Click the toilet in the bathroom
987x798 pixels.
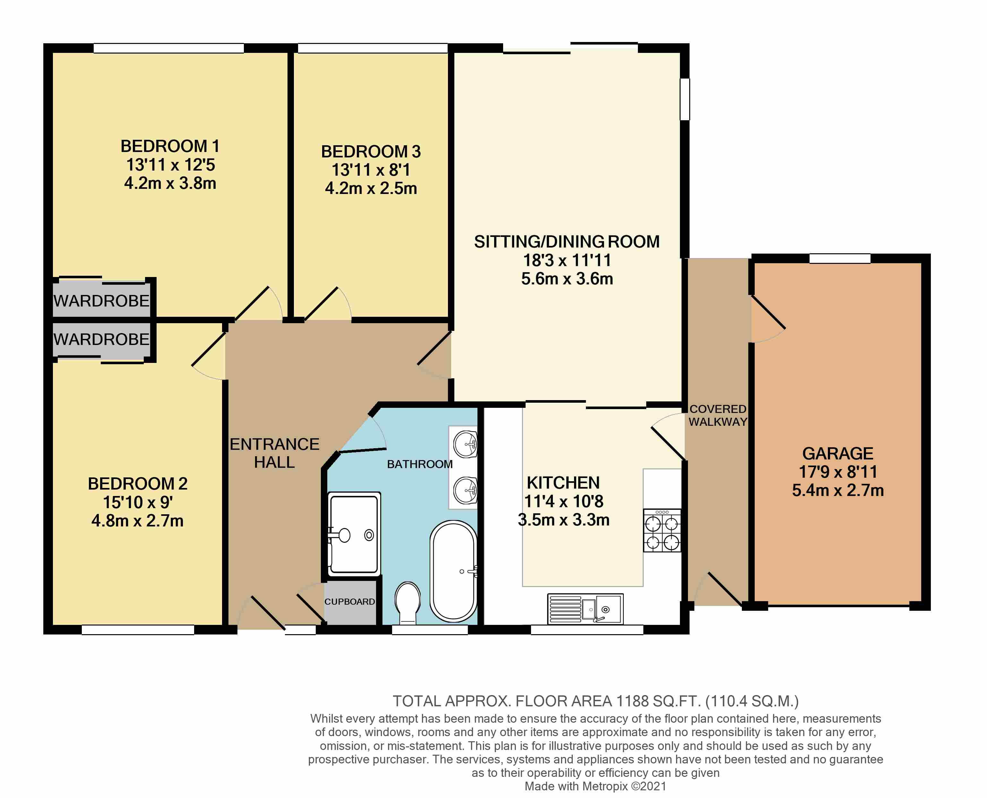tap(408, 603)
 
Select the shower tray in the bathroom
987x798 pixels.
tap(354, 534)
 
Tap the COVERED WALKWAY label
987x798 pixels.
tap(718, 416)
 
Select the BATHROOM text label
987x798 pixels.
tap(419, 464)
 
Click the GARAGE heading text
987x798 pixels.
tap(837, 454)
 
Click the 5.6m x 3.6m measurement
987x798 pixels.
tap(567, 279)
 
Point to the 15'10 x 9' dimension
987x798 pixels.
tap(138, 502)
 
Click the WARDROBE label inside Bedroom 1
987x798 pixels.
tap(102, 301)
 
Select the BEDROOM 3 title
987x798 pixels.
tap(371, 152)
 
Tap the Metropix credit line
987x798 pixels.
tap(595, 786)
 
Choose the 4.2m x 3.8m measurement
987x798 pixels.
tap(170, 183)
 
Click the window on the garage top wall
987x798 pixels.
tap(840, 258)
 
